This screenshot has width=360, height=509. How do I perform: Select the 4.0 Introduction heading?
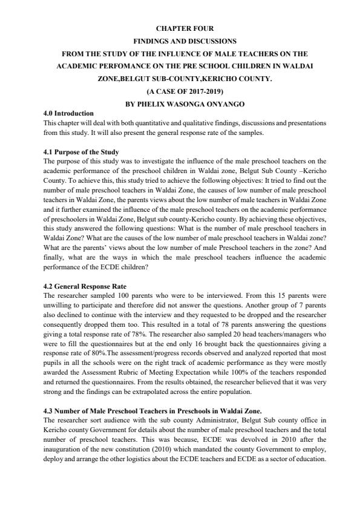coord(69,114)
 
